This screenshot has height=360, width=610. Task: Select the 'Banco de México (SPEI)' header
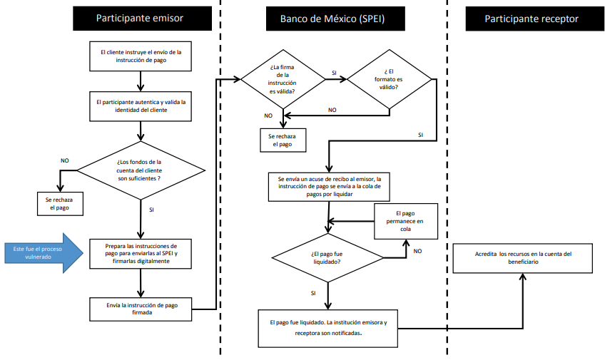point(326,19)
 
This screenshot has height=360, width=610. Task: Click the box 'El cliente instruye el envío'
point(141,56)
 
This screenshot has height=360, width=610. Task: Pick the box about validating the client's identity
point(141,106)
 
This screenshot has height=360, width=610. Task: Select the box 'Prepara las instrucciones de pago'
point(141,253)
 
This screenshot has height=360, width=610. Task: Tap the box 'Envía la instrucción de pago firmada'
point(141,309)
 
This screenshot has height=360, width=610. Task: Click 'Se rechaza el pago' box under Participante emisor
point(61,203)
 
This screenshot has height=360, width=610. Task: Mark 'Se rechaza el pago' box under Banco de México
point(282,140)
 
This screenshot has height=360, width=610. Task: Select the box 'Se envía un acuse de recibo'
point(329,186)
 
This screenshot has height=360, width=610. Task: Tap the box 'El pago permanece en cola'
point(405,220)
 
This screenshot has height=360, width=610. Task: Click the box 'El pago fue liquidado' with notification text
point(328,327)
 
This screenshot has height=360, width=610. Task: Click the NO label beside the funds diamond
point(65,161)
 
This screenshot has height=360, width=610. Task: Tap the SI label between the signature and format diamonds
point(334,73)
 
